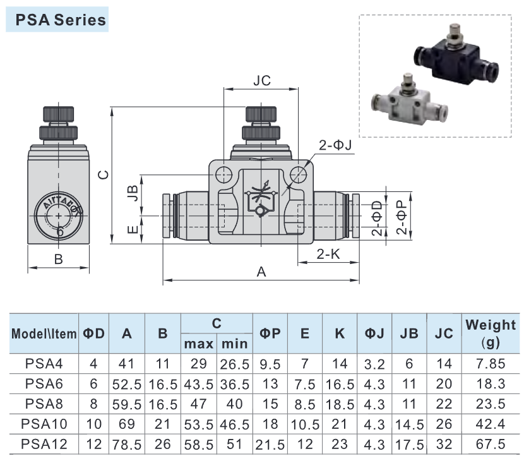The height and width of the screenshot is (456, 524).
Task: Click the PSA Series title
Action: (x=56, y=20)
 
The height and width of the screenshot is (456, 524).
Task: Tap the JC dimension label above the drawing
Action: (x=261, y=81)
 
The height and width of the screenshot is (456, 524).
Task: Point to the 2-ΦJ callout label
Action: (x=335, y=146)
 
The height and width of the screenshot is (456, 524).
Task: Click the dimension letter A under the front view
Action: (x=261, y=272)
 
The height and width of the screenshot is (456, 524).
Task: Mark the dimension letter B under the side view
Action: (x=59, y=259)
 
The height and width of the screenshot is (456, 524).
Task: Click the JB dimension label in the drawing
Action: (x=132, y=193)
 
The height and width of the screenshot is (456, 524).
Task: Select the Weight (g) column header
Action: (x=490, y=333)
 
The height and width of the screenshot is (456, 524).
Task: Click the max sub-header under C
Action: (x=198, y=344)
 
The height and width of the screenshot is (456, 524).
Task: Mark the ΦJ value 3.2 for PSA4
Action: (x=374, y=363)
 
